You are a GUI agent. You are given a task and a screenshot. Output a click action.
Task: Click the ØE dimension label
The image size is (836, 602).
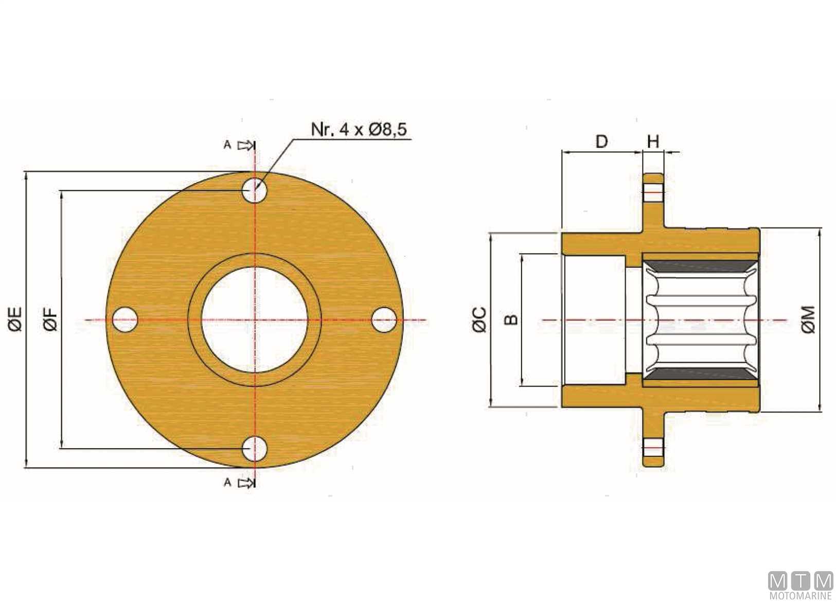point(15,319)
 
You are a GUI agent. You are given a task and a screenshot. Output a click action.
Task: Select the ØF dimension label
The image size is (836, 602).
point(51,319)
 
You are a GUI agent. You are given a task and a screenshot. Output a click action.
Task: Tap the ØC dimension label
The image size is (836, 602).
point(479,320)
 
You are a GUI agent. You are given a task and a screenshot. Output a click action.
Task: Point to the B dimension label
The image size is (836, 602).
point(511,320)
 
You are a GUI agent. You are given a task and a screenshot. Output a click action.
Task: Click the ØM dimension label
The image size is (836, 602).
point(808,319)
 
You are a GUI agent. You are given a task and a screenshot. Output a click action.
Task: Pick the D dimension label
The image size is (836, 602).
point(601,142)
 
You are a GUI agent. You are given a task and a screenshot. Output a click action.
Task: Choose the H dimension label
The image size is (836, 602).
point(653,142)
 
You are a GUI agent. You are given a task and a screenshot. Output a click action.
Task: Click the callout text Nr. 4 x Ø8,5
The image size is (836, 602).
point(359,129)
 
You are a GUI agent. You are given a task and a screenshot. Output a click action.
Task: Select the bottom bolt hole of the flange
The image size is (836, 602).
point(255,449)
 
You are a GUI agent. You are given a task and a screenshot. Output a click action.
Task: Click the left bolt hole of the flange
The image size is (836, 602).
point(125,320)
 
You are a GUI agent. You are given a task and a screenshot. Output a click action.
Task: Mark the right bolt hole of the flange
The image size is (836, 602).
point(384,320)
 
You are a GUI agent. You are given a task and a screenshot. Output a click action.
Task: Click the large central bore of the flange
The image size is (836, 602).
point(255,320)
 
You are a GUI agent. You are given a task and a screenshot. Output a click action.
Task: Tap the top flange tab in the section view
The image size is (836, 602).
point(653,202)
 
